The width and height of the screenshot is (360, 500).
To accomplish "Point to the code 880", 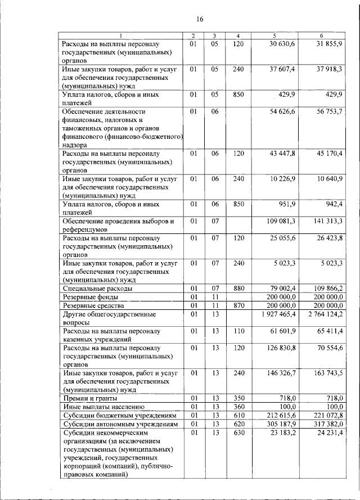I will [238, 289].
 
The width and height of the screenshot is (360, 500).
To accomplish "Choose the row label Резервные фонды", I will [90, 296].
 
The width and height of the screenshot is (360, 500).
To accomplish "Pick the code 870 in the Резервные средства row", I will [238, 305].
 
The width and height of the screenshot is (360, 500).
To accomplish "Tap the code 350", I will [238, 398].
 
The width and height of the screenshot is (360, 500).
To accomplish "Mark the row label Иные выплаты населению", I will [96, 406].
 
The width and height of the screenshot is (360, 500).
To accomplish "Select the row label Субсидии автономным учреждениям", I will [116, 423].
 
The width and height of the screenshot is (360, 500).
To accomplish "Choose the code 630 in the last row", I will [238, 432].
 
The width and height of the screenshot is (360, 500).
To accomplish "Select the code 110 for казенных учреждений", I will [238, 331].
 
